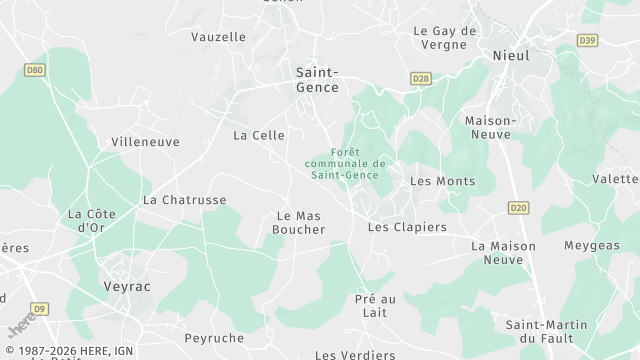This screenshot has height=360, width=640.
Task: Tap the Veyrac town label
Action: pyautogui.click(x=126, y=286)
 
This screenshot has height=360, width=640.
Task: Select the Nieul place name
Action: pyautogui.click(x=511, y=56)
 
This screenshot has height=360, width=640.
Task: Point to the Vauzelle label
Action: pyautogui.click(x=218, y=36)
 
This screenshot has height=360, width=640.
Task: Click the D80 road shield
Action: pyautogui.click(x=35, y=70)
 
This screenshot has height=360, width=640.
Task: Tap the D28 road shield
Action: pyautogui.click(x=421, y=78)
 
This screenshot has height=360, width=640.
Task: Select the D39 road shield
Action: pyautogui.click(x=587, y=41)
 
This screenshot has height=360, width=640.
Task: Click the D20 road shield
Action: pyautogui.click(x=517, y=208)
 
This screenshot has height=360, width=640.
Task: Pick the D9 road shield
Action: pyautogui.click(x=39, y=309)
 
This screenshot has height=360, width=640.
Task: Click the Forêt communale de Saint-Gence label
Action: pyautogui.click(x=345, y=164)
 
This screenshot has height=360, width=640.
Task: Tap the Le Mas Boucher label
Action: pyautogui.click(x=299, y=222)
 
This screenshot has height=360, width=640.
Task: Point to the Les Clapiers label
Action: pyautogui.click(x=407, y=227)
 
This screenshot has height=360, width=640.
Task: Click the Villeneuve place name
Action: pyautogui.click(x=145, y=142)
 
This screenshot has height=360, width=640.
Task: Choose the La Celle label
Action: pyautogui.click(x=259, y=135)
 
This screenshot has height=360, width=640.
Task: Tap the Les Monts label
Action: pyautogui.click(x=443, y=181)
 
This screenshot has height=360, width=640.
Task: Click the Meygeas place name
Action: pyautogui.click(x=591, y=246)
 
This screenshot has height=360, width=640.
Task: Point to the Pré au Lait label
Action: pyautogui.click(x=376, y=306)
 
